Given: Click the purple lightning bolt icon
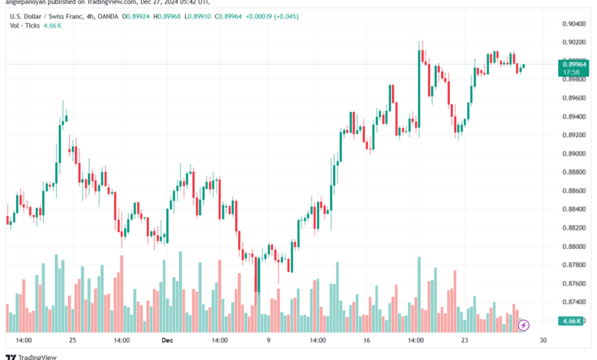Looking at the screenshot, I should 524,326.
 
